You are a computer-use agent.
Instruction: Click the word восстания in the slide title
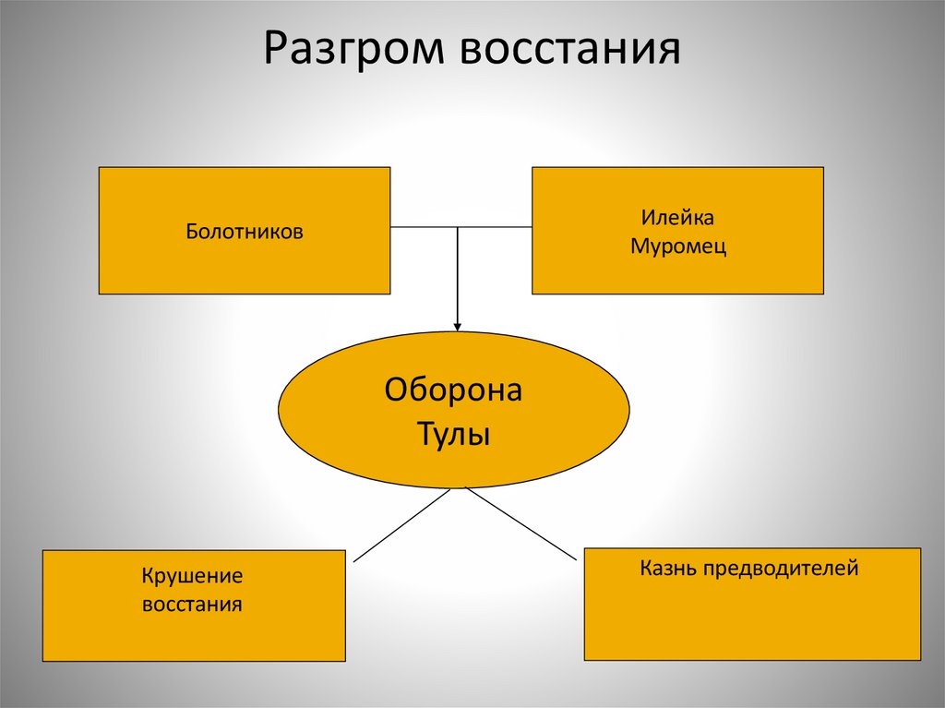(568, 52)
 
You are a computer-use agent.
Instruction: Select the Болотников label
(245, 232)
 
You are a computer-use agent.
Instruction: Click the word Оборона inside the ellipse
(453, 390)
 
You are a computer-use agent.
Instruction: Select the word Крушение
(192, 577)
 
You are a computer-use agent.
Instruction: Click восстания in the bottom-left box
(192, 606)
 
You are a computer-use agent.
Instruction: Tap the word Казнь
(669, 568)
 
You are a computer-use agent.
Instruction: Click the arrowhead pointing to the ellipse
(458, 325)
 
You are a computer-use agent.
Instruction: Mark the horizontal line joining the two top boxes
(425, 227)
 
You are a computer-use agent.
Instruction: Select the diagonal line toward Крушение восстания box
(401, 524)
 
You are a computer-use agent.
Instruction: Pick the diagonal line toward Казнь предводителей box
(521, 524)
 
